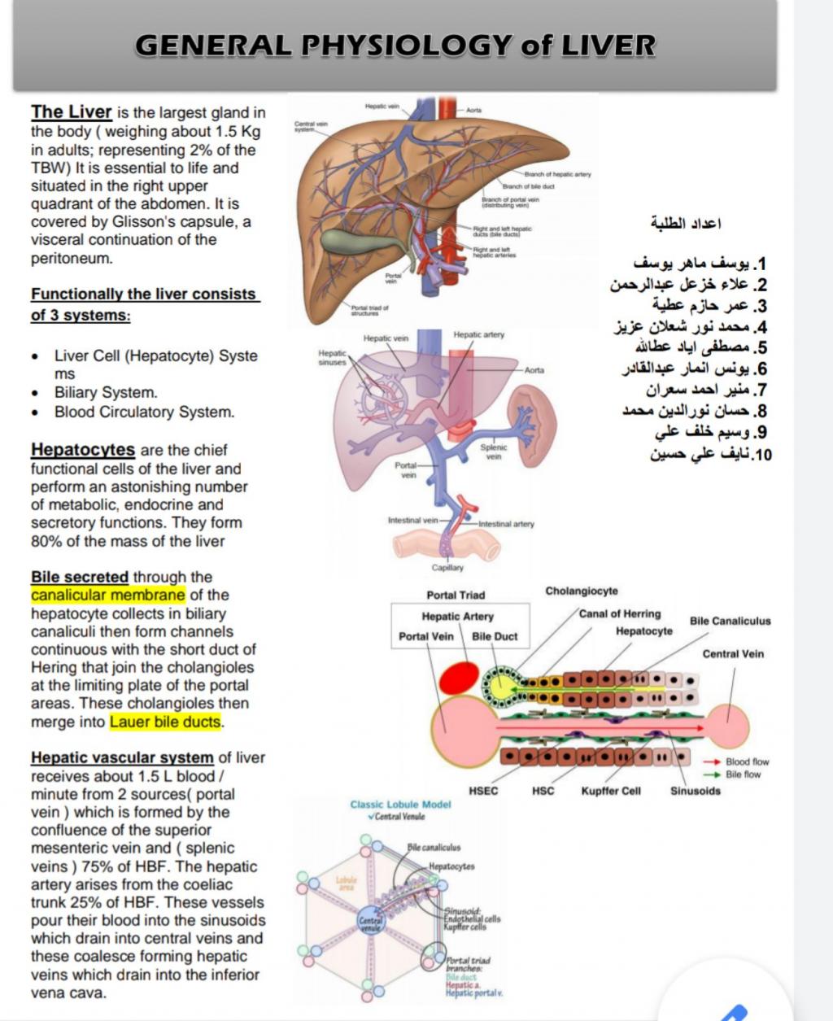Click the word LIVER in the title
coord(608,46)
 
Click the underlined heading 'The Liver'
coord(72,112)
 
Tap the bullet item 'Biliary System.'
coord(106,392)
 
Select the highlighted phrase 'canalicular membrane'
coord(108,596)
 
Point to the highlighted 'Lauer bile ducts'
coord(165,722)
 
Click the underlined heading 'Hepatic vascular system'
coord(122,758)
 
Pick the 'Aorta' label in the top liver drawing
coord(473,109)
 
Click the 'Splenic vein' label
coord(494,452)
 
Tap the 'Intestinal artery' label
coord(506,524)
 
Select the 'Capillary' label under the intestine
coord(447,567)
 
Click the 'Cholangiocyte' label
coord(582,591)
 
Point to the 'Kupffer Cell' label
coord(611,791)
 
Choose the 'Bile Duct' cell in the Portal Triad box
coord(495,636)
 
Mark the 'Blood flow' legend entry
coord(746,762)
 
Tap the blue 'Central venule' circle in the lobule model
coord(370,922)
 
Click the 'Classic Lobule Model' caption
coord(400,805)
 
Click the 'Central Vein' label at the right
coord(733,654)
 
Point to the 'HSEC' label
coord(484,791)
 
